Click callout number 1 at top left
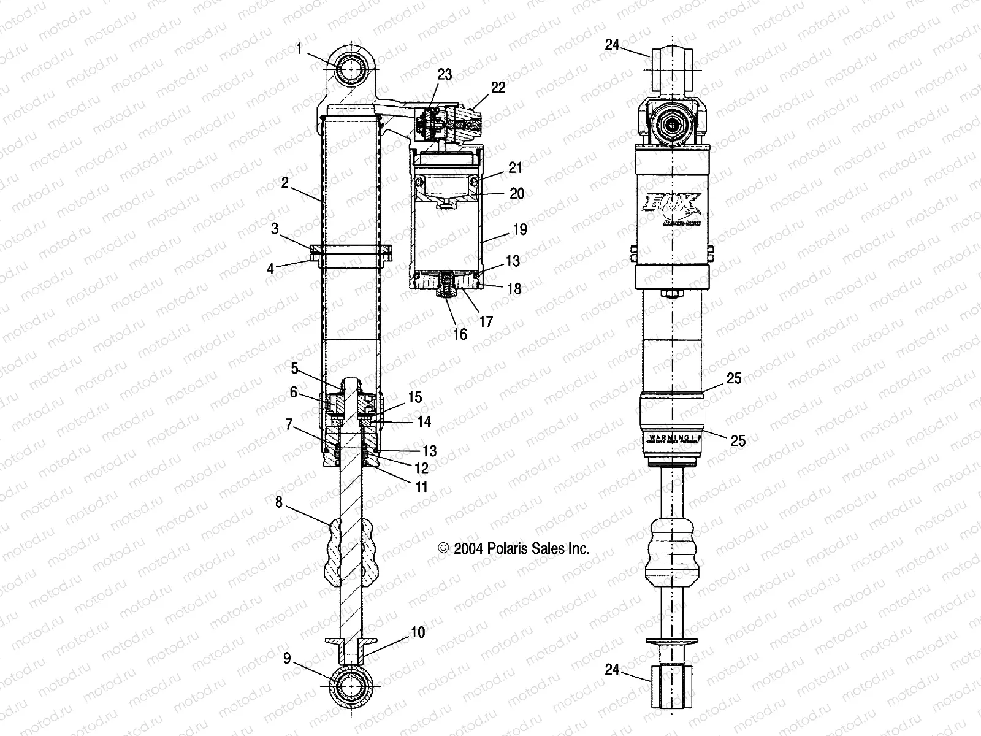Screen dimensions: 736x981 [x=299, y=48]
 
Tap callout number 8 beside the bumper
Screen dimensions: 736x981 [x=279, y=502]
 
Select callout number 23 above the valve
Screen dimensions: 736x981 [x=444, y=74]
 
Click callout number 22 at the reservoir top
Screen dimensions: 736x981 [x=498, y=88]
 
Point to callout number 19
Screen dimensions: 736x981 [x=519, y=229]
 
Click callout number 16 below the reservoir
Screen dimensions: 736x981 [x=459, y=334]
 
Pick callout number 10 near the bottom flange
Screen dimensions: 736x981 [x=418, y=632]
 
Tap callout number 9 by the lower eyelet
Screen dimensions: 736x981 [x=287, y=659]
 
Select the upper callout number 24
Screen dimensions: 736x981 [x=613, y=44]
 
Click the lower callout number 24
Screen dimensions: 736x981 [x=613, y=670]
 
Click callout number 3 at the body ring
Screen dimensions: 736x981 [x=275, y=229]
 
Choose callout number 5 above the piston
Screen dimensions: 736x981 [x=294, y=368]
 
